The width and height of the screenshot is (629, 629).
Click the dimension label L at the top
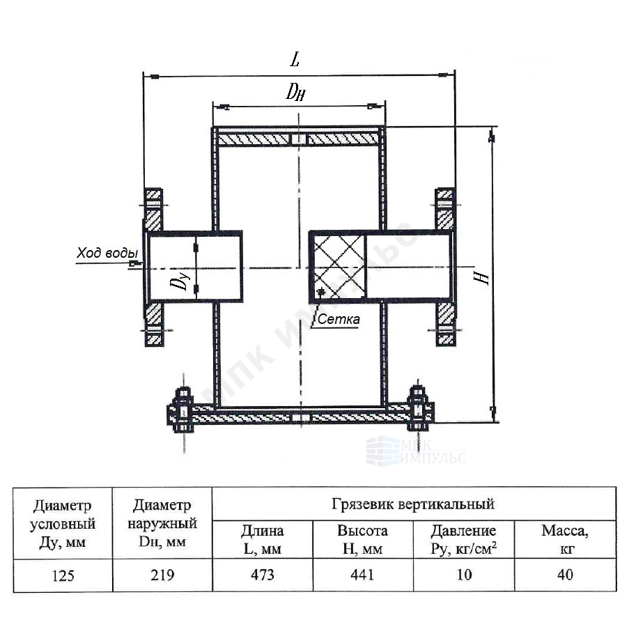pos(295,59)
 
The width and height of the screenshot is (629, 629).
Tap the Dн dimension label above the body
pos(295,92)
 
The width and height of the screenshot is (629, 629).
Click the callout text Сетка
pos(339,319)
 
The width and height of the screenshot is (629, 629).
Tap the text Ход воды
pos(107,253)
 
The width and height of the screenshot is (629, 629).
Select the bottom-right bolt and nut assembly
pos(419,408)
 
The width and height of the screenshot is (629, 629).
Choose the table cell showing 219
pos(162,575)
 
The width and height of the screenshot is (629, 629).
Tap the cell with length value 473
pos(263,575)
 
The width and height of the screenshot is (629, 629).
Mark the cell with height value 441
pos(363,575)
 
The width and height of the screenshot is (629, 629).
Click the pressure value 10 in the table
pos(464,575)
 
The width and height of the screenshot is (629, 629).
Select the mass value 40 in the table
pos(565,575)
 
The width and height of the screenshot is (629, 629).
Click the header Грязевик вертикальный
pos(413,504)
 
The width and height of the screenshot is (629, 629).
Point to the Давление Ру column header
pos(464,540)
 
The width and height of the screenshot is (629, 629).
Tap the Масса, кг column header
pos(565,540)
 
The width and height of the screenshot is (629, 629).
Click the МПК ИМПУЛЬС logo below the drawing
pos(416,451)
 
